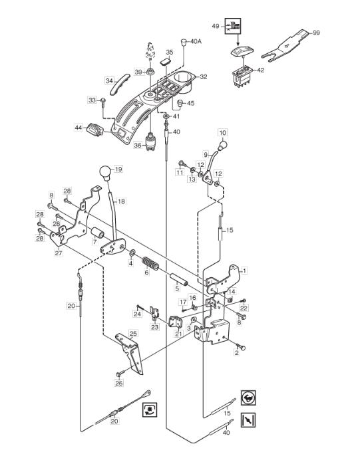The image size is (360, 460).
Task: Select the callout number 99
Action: (316, 33)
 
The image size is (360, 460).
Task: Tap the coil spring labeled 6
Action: (150, 263)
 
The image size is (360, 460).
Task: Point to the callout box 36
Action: (138, 145)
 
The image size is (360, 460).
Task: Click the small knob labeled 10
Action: (223, 145)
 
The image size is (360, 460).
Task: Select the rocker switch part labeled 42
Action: (242, 76)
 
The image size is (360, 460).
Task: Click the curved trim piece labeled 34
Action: (119, 84)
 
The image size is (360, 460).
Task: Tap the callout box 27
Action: (59, 253)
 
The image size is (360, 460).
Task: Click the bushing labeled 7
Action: (98, 233)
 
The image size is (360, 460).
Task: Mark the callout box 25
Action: (133, 334)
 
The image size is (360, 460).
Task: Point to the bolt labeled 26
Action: (120, 374)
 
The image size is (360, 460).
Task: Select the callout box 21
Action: (178, 334)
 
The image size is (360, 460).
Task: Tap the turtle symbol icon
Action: (248, 398)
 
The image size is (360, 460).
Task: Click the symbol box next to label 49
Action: (233, 26)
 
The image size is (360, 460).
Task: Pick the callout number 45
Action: (191, 103)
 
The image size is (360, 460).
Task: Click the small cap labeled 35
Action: (166, 62)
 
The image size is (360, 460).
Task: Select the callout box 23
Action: (155, 327)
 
